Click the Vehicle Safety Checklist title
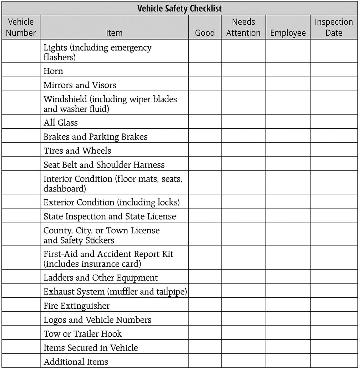tap(179, 8)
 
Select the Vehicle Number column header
tap(21, 27)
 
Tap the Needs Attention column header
tap(243, 27)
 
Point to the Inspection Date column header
tap(334, 27)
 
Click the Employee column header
tap(288, 33)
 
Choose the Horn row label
tap(53, 71)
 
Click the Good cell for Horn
tap(205, 70)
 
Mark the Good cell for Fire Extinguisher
tap(205, 305)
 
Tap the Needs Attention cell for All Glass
tap(243, 122)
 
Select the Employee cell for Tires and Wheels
tap(288, 150)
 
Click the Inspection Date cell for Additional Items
tap(334, 361)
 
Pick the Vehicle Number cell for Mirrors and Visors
tap(21, 84)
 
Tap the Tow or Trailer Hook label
tap(82, 334)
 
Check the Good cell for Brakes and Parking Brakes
tap(205, 136)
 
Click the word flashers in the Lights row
tap(59, 57)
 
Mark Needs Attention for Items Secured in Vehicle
tap(243, 347)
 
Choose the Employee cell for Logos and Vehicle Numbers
tap(288, 319)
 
